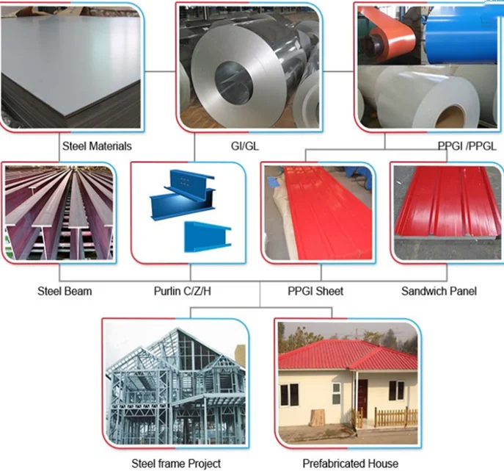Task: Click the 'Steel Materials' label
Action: click(x=97, y=146)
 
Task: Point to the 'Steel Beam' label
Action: click(x=65, y=291)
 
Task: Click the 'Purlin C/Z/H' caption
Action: click(x=183, y=291)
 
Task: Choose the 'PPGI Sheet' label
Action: click(x=315, y=291)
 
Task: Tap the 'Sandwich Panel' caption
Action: click(x=439, y=291)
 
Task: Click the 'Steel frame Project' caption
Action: click(x=175, y=463)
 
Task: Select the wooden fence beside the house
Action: click(x=395, y=417)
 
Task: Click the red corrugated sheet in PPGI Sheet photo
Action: click(x=319, y=213)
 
